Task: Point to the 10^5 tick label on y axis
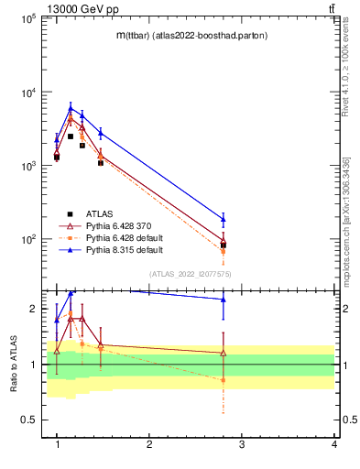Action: point(27,18)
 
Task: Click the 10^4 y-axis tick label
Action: point(27,93)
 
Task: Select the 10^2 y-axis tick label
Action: point(27,240)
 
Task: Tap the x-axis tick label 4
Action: point(334,444)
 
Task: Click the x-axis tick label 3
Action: point(242,444)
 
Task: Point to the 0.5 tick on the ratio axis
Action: point(27,420)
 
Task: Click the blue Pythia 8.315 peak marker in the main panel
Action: point(71,108)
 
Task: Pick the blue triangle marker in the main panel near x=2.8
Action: point(224,218)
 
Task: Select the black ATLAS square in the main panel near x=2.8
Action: point(224,245)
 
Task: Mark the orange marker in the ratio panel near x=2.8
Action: point(224,380)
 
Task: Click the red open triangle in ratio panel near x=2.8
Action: point(224,353)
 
